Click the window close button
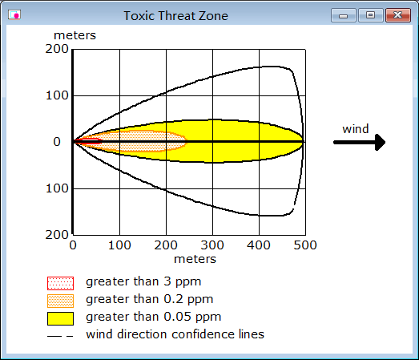point(398,15)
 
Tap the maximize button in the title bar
point(370,15)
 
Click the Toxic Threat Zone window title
point(175,16)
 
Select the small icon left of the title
point(14,14)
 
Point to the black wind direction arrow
point(360,142)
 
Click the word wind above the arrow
point(356,129)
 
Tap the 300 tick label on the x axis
point(212,245)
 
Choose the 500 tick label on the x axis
point(305,245)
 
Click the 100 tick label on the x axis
point(119,245)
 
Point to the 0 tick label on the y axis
point(57,142)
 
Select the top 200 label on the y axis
point(57,49)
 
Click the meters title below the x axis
point(195,259)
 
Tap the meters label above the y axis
point(75,35)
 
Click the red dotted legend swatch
point(60,283)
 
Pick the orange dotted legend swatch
point(60,301)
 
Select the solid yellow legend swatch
point(60,318)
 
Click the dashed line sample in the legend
point(60,336)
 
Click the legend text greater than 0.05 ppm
point(153,317)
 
